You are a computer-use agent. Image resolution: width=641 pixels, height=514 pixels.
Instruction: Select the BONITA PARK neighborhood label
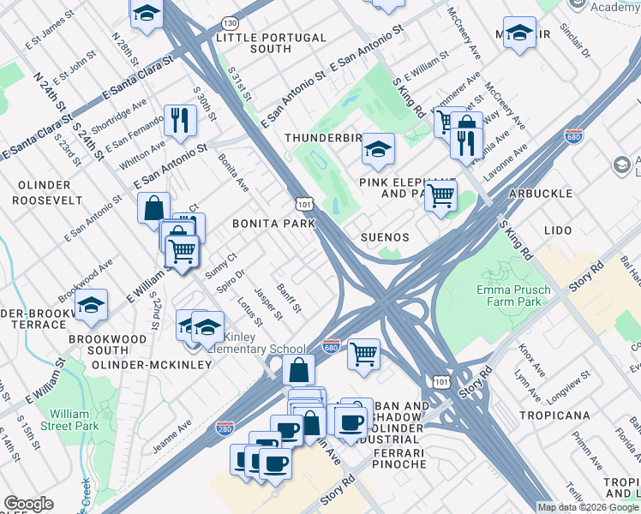pyautogui.click(x=273, y=224)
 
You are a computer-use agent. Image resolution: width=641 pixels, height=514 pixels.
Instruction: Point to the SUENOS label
pyautogui.click(x=385, y=237)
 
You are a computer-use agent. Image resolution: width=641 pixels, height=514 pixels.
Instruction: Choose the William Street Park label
pyautogui.click(x=77, y=418)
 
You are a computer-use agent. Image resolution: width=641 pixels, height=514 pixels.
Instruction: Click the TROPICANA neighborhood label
pyautogui.click(x=554, y=415)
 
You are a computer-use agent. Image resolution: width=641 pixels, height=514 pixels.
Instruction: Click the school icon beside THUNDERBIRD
pyautogui.click(x=377, y=148)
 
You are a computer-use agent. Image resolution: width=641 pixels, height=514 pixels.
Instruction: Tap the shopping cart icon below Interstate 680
pyautogui.click(x=364, y=352)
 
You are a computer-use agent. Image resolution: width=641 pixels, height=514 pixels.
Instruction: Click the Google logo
pyautogui.click(x=29, y=505)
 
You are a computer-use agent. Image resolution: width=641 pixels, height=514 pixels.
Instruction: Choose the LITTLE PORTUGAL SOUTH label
pyautogui.click(x=271, y=44)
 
